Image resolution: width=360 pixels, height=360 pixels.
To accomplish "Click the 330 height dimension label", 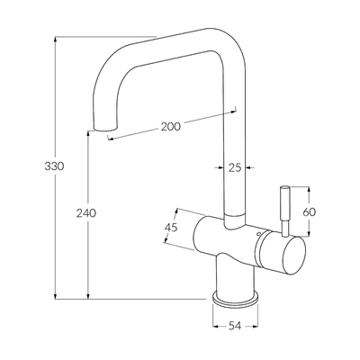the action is (54, 166).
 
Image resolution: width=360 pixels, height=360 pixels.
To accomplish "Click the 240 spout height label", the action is (86, 213).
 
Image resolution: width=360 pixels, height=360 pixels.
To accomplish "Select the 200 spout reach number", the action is (171, 127).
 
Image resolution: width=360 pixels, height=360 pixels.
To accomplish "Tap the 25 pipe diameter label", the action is (235, 167).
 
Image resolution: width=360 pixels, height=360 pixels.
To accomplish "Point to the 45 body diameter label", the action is (171, 227).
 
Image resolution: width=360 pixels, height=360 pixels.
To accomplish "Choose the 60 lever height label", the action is (310, 212).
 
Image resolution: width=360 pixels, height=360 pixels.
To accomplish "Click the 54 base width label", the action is (235, 326).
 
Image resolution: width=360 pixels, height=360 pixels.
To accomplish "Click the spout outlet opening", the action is (105, 129).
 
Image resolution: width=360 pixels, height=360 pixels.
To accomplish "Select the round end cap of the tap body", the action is (293, 256).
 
